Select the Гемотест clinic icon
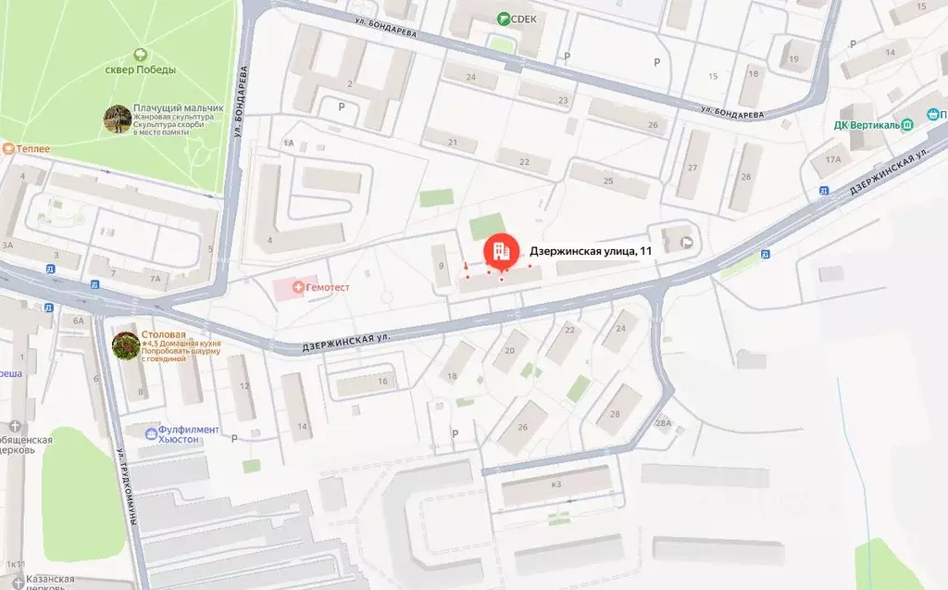coord(297,288)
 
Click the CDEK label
coord(524,19)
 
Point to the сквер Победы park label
coord(142,69)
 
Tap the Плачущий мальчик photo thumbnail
coord(117,119)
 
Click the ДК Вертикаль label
coord(860,124)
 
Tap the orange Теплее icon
coord(8,148)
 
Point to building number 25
coord(609,180)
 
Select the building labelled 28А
coord(662,423)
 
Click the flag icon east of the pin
coord(687,242)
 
